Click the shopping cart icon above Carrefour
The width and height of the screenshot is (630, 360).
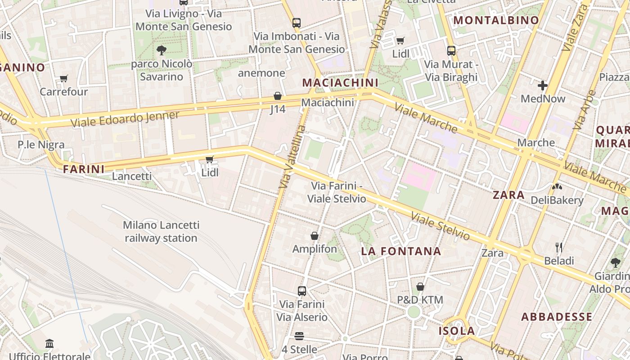coord(64,79)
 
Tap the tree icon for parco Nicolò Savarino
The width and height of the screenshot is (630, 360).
coord(161,50)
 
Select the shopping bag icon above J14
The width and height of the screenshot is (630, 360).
coord(278,96)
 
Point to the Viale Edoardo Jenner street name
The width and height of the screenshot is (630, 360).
coord(125,119)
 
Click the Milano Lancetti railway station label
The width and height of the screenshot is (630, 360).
coord(161,231)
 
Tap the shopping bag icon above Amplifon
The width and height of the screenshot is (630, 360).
coord(315,236)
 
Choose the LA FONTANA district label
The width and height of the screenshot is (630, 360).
coord(401,252)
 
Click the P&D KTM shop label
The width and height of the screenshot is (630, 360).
coord(420,300)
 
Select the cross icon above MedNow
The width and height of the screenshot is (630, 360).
coord(543,85)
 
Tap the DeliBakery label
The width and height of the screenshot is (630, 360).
coord(557,200)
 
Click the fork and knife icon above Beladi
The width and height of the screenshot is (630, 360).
coord(559,247)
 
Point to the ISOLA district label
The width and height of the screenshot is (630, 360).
coord(457,331)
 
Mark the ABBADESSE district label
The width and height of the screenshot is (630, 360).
coord(557,317)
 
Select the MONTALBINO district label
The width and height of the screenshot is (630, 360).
coord(496,20)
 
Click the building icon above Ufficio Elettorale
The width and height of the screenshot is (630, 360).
coord(49,344)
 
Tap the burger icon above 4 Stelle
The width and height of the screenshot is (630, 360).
coord(299,336)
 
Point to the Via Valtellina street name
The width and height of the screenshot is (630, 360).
coord(292,157)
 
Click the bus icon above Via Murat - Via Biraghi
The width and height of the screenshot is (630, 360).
coord(451,51)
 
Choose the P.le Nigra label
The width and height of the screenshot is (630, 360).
coord(41,145)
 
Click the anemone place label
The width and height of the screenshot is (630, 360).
coord(261,73)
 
